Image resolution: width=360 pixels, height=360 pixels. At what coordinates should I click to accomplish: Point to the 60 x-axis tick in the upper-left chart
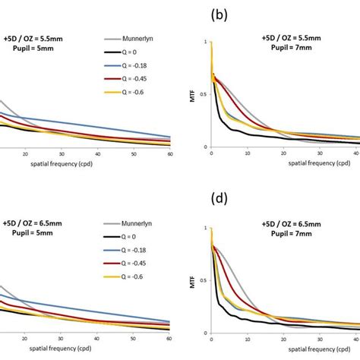pyautogui.click(x=170, y=154)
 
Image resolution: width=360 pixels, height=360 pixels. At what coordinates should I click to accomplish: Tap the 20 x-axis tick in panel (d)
pyautogui.click(x=283, y=340)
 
